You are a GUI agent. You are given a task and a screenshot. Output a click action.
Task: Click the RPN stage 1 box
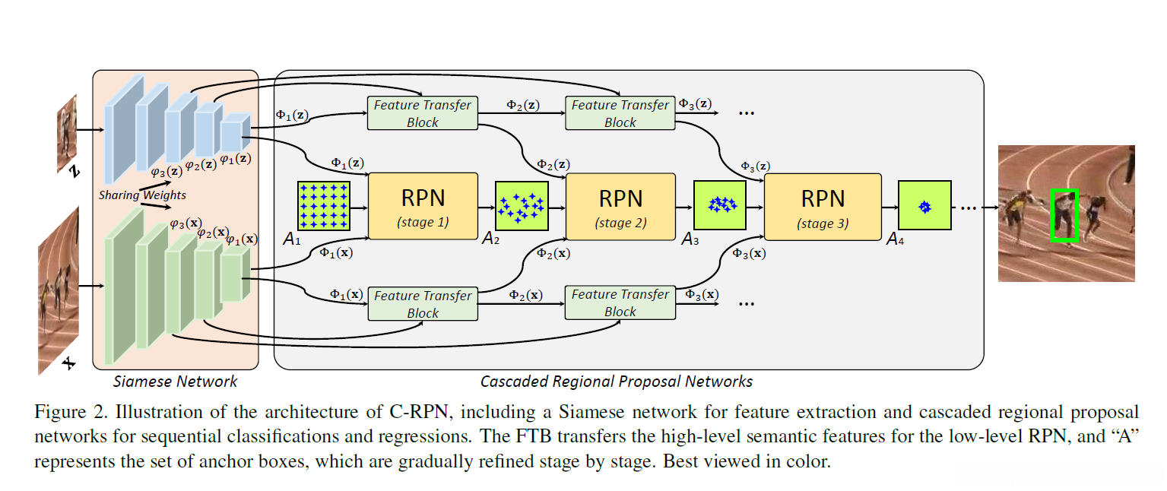[x=423, y=206]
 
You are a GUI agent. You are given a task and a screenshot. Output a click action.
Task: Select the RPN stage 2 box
[x=620, y=206]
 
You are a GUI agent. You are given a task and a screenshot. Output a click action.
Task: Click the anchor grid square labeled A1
[x=324, y=206]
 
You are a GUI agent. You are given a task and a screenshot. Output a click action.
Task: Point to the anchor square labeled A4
[x=924, y=206]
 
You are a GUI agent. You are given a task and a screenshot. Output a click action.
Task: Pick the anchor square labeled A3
[x=719, y=205]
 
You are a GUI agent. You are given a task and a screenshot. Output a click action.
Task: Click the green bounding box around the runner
[x=1064, y=216]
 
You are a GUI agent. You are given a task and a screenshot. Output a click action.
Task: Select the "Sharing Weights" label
[x=142, y=195]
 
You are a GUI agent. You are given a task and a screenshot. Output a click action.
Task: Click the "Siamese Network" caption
[x=175, y=382]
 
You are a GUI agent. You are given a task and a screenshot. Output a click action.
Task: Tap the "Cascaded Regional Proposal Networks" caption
[x=617, y=382]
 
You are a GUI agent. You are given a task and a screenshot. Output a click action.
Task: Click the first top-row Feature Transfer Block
[x=423, y=113]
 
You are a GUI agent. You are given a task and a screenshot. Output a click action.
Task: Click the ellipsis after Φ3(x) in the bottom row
[x=747, y=302]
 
